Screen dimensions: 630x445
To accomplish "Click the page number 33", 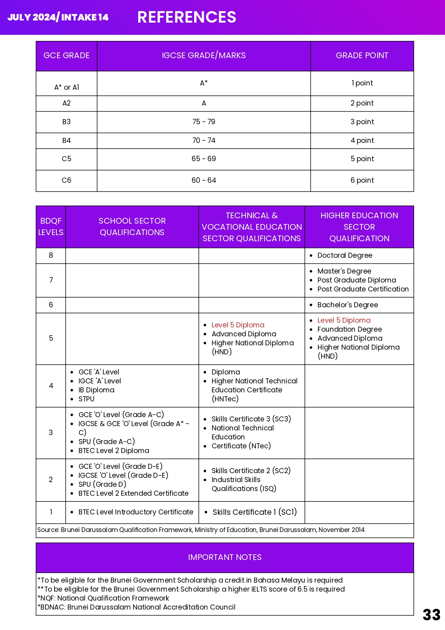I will tap(431, 615).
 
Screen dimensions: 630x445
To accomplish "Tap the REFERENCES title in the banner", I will tap(187, 17).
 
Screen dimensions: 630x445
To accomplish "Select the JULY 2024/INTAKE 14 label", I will tap(58, 17).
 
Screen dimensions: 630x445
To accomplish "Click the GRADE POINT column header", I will tap(362, 56).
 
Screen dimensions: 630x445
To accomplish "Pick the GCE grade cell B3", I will tap(66, 122).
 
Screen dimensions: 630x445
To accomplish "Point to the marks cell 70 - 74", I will tap(203, 140).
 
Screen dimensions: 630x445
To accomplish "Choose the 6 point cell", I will tap(362, 180).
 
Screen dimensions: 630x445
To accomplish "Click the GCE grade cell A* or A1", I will tap(66, 87).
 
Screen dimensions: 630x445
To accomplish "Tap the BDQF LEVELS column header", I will tap(51, 227).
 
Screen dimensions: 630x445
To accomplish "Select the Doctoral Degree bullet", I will tap(345, 255).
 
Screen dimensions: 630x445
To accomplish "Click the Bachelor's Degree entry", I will tap(347, 305).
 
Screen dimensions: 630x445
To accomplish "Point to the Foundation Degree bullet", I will tap(349, 329).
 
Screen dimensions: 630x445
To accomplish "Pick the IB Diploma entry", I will tap(96, 390).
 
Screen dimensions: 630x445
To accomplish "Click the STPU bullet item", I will tap(86, 399).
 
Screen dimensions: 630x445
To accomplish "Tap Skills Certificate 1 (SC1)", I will tap(254, 512).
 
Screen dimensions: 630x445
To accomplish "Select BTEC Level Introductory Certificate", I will tap(136, 512).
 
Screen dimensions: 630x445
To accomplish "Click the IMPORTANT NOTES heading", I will tap(225, 557).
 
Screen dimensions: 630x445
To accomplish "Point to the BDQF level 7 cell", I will tap(51, 280).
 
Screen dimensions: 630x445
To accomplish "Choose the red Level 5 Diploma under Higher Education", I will tap(344, 320).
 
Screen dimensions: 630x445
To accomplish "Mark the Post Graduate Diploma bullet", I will tap(356, 280).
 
